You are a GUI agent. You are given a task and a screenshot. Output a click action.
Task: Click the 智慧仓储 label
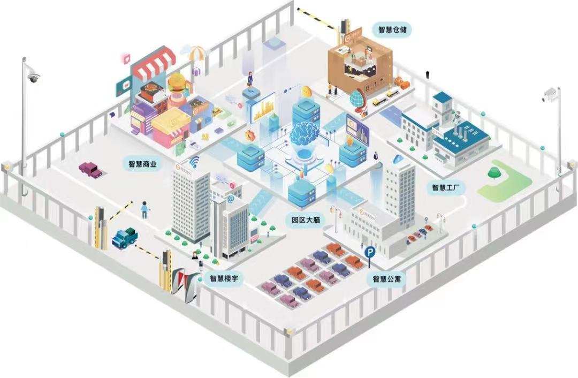click(x=395, y=29)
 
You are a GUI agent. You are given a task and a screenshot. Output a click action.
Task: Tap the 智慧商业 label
click(x=143, y=164)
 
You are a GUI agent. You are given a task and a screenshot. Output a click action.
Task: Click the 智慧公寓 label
click(x=387, y=279)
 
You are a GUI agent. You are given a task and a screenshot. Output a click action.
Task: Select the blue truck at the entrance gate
click(x=124, y=237)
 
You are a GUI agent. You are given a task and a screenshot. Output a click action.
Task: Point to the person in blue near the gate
click(x=144, y=209)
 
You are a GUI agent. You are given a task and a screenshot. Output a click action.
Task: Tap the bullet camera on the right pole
click(x=550, y=96)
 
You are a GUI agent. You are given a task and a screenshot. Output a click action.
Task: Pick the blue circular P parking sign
click(x=369, y=251)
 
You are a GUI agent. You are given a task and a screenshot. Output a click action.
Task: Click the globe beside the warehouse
click(x=357, y=99)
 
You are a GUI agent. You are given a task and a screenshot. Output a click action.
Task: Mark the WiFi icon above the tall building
click(x=193, y=162)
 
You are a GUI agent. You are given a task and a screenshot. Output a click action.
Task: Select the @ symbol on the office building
click(x=231, y=199)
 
